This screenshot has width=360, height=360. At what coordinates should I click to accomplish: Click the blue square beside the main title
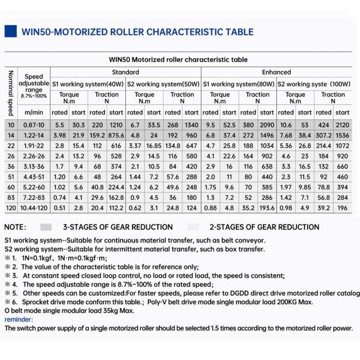10,32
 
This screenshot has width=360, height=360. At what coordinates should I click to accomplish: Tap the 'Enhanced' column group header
277,72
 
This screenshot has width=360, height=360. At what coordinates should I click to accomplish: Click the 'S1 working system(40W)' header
86,84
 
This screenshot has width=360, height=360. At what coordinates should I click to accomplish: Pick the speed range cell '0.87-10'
34,124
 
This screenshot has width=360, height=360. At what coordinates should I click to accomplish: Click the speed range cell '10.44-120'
34,208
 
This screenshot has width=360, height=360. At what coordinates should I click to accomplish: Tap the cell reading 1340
191,124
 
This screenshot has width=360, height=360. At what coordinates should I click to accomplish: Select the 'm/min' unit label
34,112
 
